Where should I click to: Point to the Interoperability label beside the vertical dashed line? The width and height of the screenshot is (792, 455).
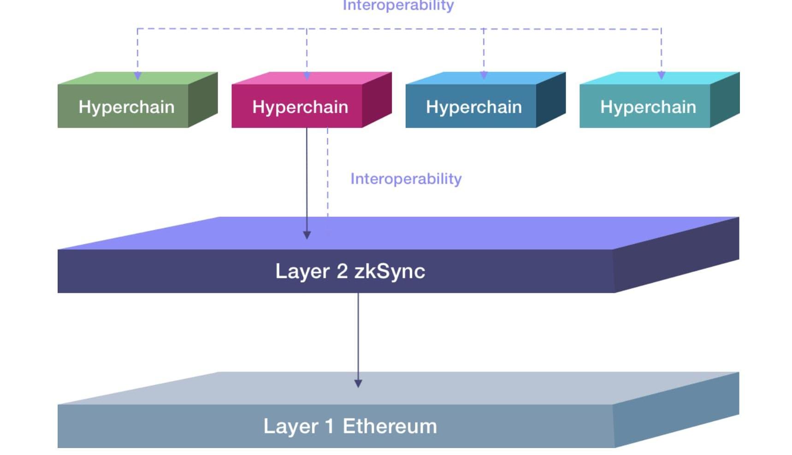pyautogui.click(x=406, y=179)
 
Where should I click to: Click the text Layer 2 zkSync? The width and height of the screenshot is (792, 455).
pyautogui.click(x=350, y=271)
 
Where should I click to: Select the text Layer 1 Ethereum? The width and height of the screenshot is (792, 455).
pyautogui.click(x=350, y=426)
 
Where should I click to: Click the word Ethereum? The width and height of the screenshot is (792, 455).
pyautogui.click(x=390, y=426)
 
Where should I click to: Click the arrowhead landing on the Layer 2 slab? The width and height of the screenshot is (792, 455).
pyautogui.click(x=307, y=235)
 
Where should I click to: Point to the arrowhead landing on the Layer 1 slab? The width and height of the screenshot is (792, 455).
pyautogui.click(x=358, y=383)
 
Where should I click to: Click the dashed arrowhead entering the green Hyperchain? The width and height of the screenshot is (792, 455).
pyautogui.click(x=137, y=76)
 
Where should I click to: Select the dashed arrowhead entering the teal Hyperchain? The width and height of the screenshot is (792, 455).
pyautogui.click(x=661, y=75)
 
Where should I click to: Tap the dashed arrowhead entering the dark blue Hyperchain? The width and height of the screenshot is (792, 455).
pyautogui.click(x=484, y=75)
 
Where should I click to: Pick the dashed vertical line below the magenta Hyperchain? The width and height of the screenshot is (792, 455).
pyautogui.click(x=328, y=175)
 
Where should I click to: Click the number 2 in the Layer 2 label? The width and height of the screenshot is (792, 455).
pyautogui.click(x=342, y=271)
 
